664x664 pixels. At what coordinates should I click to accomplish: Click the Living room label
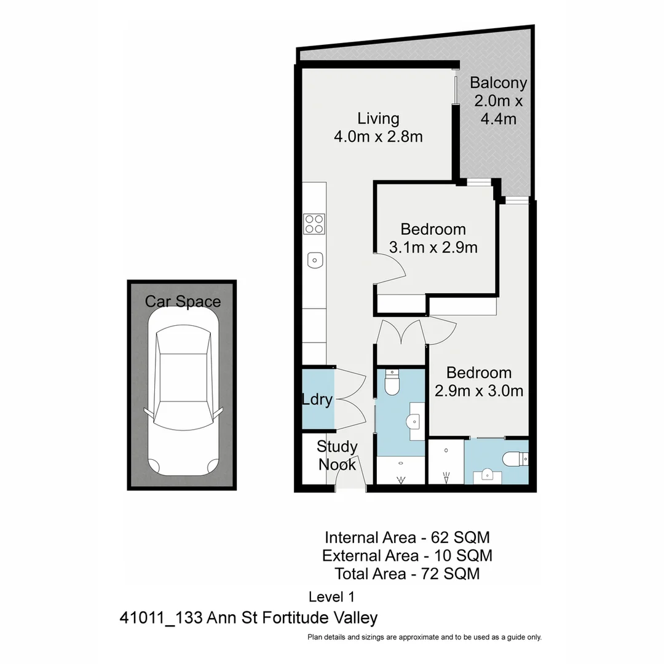coord(378,118)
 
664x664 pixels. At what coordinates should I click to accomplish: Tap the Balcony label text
coord(498,83)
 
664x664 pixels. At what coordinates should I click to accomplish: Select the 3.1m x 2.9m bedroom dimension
coord(433,248)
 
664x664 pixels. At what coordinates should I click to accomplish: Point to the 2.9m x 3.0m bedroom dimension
coord(479,390)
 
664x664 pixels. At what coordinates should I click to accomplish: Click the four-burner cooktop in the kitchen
coord(315,223)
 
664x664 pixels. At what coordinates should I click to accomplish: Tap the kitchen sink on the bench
coord(315,260)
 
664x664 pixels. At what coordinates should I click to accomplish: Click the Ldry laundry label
coord(317,400)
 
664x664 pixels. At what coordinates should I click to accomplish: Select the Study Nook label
coord(336,456)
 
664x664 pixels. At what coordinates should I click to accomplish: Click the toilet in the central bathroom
coord(391,382)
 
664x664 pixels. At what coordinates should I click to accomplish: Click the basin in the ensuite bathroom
coord(486,474)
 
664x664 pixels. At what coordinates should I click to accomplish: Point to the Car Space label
coord(182,301)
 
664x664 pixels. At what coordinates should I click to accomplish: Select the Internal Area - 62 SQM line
coord(407,537)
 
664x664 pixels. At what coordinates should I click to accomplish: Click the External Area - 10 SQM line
coord(407,556)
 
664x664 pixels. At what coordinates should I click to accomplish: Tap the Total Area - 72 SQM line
coord(407,574)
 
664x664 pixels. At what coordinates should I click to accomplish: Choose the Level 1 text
coord(331,596)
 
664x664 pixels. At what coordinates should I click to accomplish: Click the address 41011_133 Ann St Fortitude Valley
coord(248,617)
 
